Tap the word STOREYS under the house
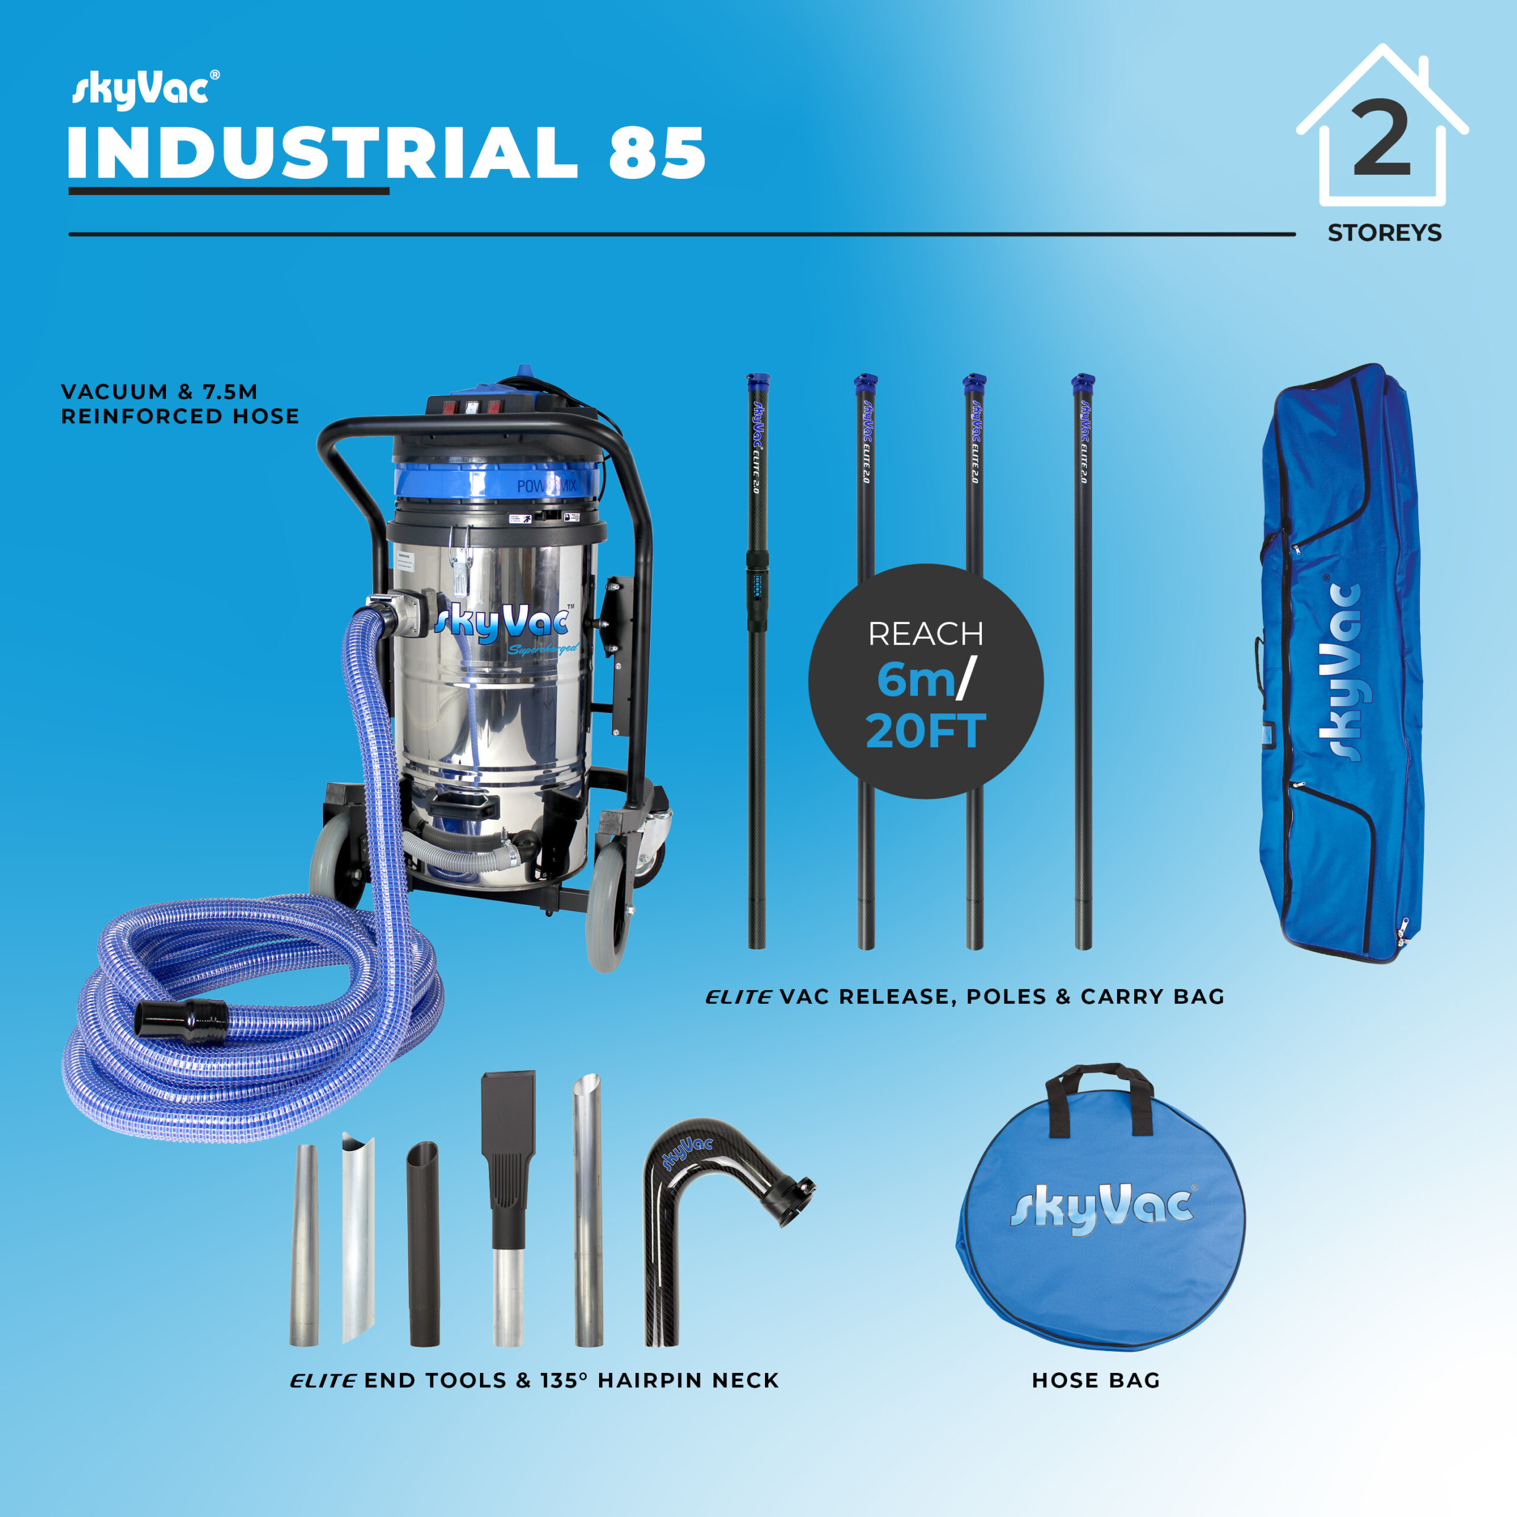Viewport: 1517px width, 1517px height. pos(1384,233)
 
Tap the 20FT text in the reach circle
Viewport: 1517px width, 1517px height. pos(925,731)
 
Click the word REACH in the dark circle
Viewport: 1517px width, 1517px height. pos(925,633)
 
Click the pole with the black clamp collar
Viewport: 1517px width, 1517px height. pos(757,660)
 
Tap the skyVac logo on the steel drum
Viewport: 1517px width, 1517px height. pos(503,624)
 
